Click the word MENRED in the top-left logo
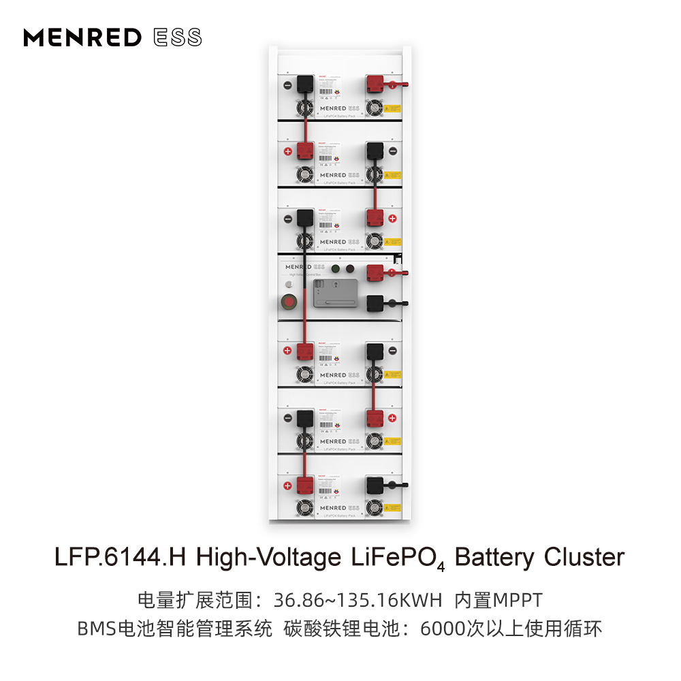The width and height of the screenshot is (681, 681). tap(82, 37)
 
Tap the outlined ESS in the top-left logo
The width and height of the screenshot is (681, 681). tap(177, 37)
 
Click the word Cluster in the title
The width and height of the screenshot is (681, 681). tap(584, 557)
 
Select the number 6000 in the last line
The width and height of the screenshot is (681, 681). tap(443, 629)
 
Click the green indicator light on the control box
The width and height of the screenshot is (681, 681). tap(336, 268)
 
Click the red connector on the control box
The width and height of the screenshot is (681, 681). tap(375, 273)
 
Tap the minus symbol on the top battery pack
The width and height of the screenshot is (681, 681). tap(287, 86)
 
